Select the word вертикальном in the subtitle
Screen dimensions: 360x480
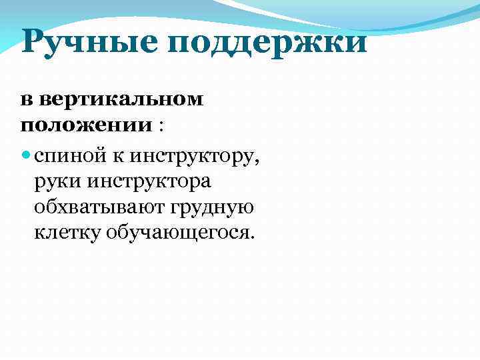(x=121, y=100)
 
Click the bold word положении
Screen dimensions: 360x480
(x=86, y=125)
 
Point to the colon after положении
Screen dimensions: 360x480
(x=161, y=126)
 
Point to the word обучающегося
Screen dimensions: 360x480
(x=176, y=233)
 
